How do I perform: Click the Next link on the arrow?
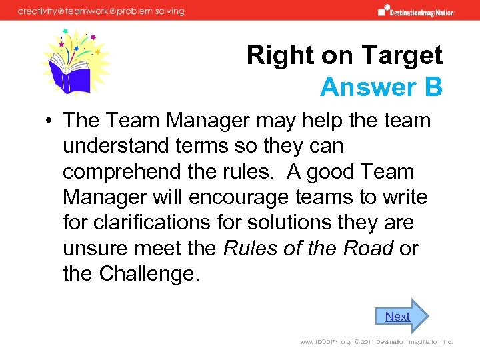397,317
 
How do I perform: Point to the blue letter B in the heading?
433,87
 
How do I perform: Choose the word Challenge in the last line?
147,273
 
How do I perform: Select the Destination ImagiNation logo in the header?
416,11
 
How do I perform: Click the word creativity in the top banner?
41,11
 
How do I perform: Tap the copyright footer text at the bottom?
377,342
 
